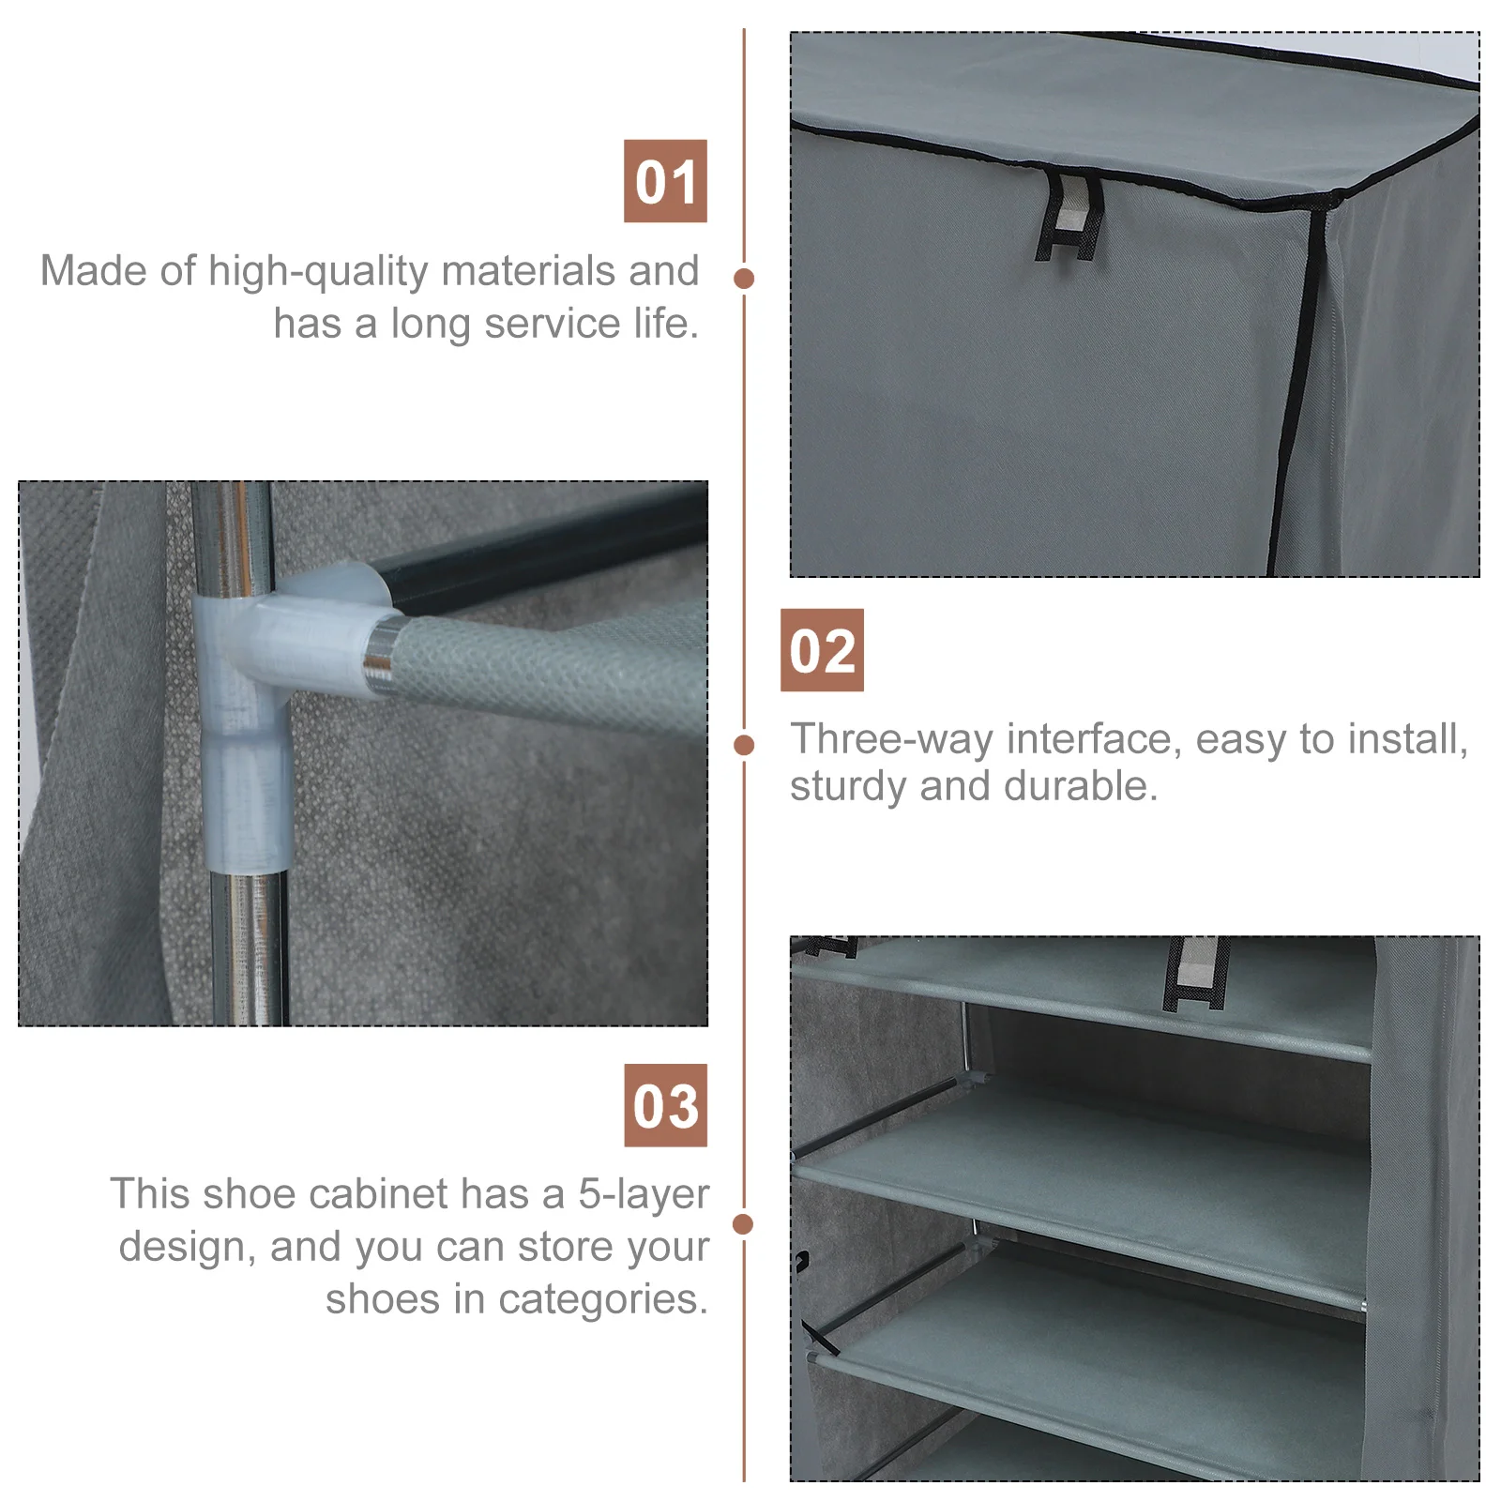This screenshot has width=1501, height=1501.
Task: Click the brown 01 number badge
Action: click(665, 181)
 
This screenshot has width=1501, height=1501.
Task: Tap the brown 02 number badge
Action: click(822, 650)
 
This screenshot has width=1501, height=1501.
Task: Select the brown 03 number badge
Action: click(666, 1105)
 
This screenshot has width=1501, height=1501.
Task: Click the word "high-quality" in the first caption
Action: click(318, 272)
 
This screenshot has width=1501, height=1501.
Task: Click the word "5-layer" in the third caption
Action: click(644, 1195)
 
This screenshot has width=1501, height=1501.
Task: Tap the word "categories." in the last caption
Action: click(603, 1300)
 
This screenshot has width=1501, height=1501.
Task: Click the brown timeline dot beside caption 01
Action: click(745, 279)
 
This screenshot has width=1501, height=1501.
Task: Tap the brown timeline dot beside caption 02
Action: click(745, 745)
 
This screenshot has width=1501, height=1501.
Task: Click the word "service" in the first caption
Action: click(553, 325)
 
